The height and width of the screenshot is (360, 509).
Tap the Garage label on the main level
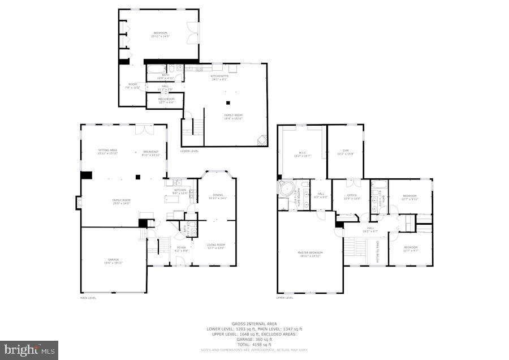(x=113, y=262)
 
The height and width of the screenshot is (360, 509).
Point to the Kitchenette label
(x=219, y=78)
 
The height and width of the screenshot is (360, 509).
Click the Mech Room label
(x=166, y=100)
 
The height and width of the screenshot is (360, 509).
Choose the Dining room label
(x=217, y=196)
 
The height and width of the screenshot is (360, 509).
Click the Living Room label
(x=215, y=246)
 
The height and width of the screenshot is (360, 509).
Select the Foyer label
(x=182, y=248)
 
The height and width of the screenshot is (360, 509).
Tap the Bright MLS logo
(x=29, y=349)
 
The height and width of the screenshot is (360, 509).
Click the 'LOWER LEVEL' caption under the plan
(x=189, y=151)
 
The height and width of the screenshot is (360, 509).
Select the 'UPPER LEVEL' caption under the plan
(x=284, y=298)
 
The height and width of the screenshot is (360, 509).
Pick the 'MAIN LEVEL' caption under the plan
(x=88, y=298)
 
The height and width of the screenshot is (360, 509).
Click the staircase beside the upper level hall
(x=356, y=247)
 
